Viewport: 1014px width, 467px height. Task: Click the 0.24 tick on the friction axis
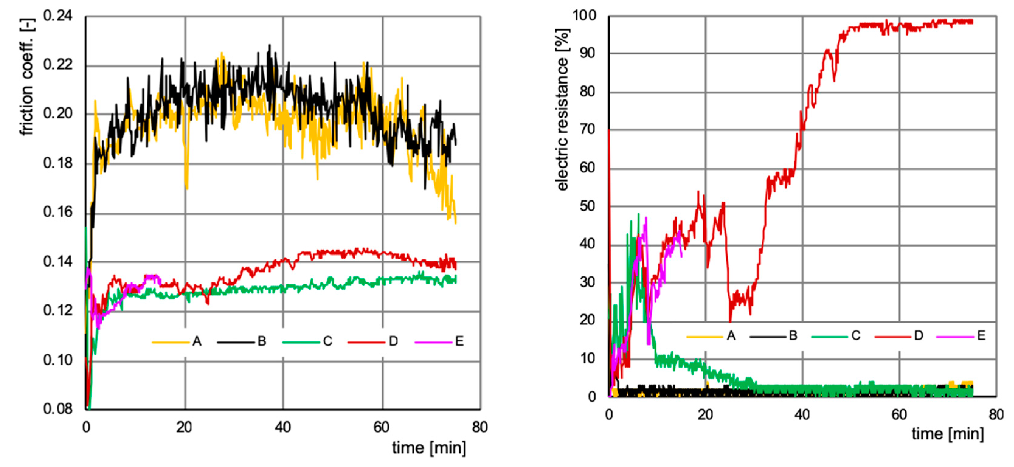click(x=58, y=16)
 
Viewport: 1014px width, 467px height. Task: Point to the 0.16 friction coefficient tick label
click(x=58, y=212)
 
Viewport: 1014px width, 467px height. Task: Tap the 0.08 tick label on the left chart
click(x=58, y=409)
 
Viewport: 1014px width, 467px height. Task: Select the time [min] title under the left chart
click(x=429, y=448)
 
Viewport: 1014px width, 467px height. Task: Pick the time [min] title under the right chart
click(x=948, y=434)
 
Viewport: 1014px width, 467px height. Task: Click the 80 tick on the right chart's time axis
click(x=996, y=414)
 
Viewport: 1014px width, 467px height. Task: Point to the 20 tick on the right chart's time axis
click(x=705, y=414)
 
